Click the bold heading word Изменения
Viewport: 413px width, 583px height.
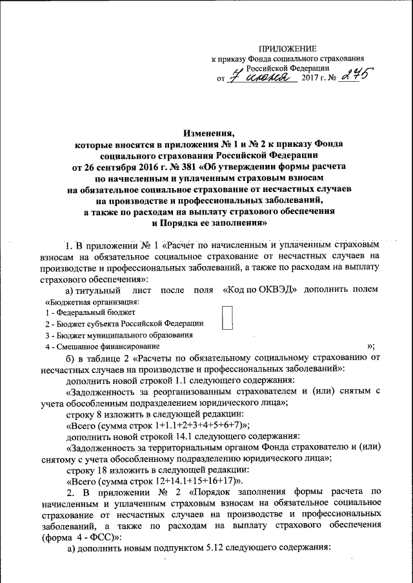pyautogui.click(x=206, y=131)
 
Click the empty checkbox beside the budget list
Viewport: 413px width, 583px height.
pyautogui.click(x=227, y=318)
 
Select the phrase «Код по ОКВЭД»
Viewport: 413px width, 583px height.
pyautogui.click(x=259, y=290)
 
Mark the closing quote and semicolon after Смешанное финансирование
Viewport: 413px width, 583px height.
pyautogui.click(x=371, y=347)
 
